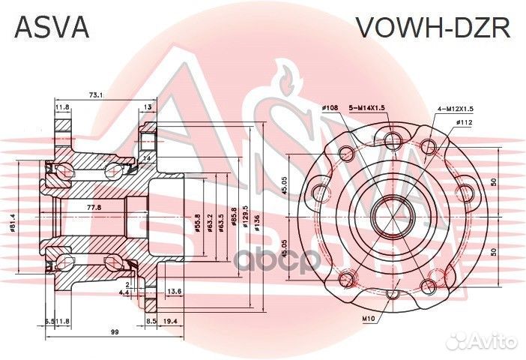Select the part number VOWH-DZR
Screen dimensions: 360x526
[x=432, y=28]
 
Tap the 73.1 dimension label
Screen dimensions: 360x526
[x=95, y=94]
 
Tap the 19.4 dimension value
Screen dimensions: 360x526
[x=170, y=321]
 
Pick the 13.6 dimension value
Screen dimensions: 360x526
[x=173, y=291]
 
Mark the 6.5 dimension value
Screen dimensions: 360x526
[x=49, y=321]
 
